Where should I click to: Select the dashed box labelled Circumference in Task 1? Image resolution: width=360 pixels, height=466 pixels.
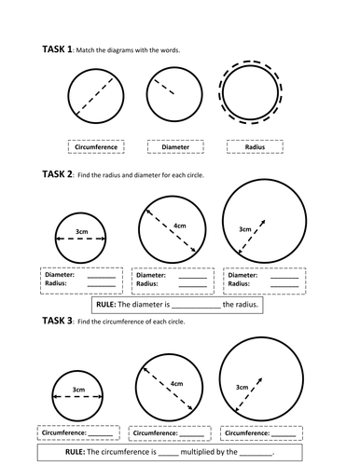(97, 146)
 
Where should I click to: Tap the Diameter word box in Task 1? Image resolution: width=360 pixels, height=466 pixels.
(174, 146)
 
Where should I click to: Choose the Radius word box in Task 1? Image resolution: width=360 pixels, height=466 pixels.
(254, 146)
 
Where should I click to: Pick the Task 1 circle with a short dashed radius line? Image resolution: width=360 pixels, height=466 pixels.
(174, 96)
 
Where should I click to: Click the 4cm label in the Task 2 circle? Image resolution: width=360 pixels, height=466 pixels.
(178, 226)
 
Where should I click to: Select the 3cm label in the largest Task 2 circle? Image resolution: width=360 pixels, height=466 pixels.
(245, 227)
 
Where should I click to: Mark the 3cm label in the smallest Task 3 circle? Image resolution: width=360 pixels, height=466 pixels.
(81, 391)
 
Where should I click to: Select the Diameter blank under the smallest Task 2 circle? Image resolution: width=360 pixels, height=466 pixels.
(102, 275)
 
